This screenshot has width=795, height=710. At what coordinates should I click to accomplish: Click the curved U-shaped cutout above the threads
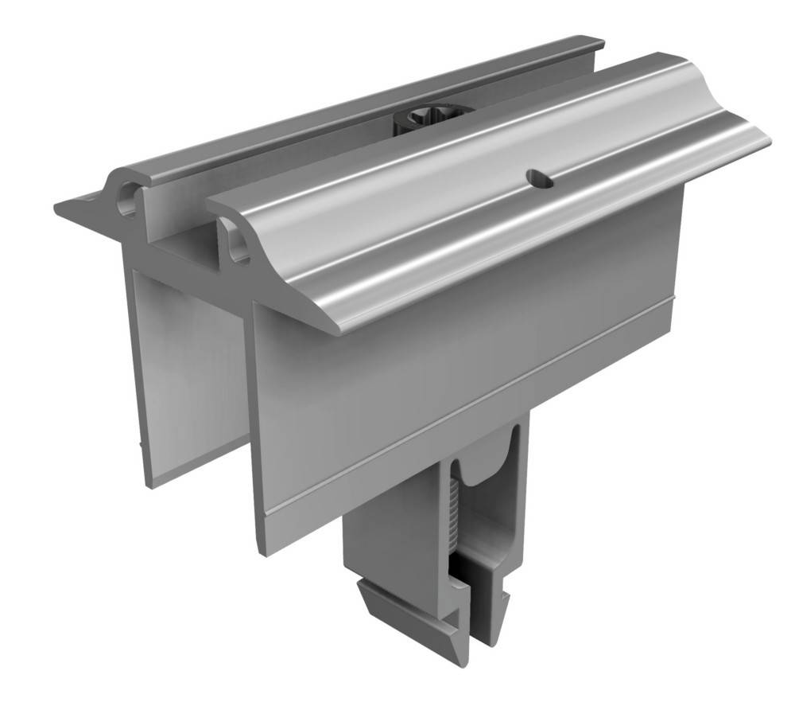click(x=483, y=473)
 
